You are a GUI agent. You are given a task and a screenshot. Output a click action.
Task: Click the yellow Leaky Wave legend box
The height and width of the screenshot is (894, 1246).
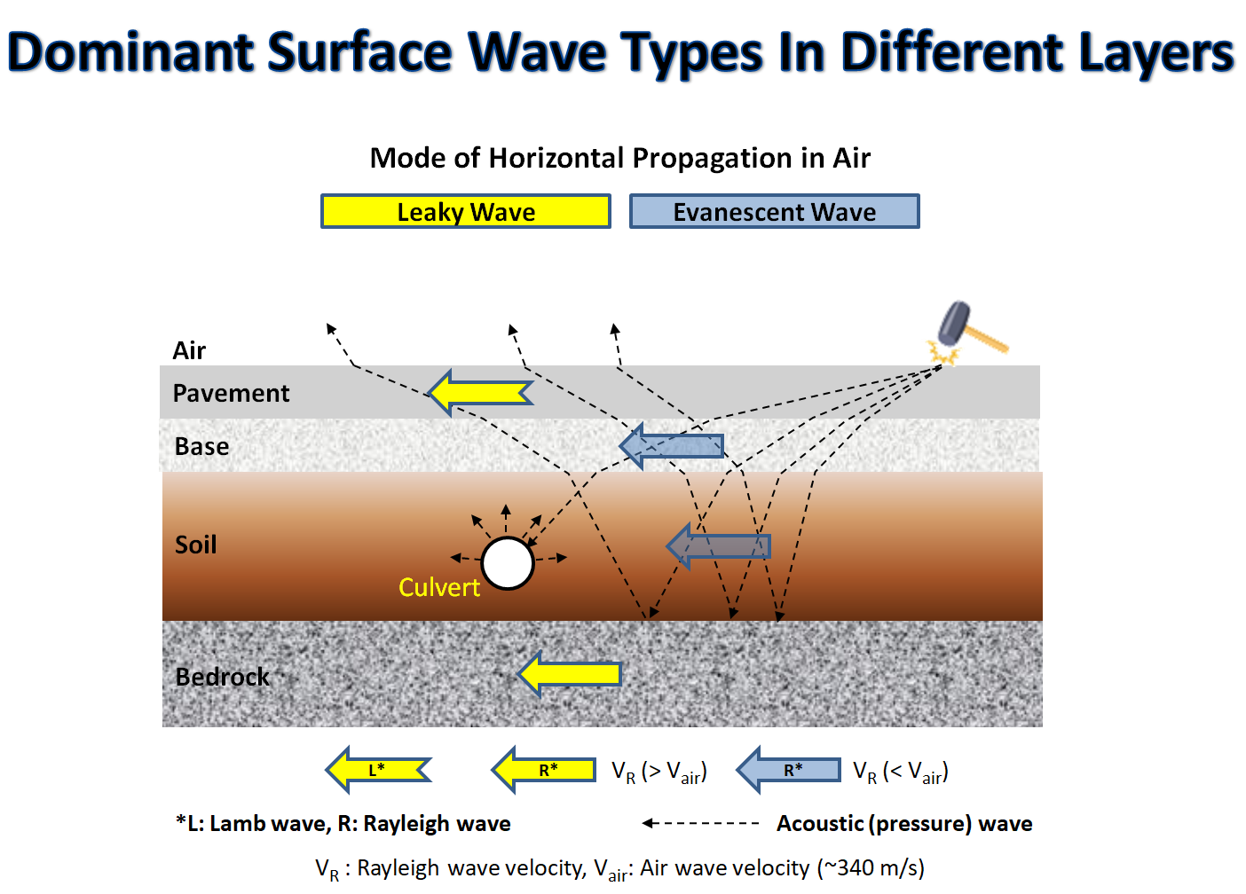click(x=466, y=211)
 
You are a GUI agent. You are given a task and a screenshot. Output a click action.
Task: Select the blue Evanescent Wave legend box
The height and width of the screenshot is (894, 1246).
click(x=774, y=211)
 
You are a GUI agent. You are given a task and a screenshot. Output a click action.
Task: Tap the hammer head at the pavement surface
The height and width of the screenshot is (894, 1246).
click(x=953, y=324)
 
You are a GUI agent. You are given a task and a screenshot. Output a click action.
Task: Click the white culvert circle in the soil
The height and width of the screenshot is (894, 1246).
click(x=508, y=562)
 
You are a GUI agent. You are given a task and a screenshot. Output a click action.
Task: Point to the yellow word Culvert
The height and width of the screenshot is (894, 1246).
click(x=439, y=587)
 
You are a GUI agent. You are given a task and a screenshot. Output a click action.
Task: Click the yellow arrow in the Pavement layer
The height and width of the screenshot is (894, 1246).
click(x=481, y=393)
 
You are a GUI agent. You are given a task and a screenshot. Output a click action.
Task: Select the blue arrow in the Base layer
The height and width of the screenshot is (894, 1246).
click(x=672, y=446)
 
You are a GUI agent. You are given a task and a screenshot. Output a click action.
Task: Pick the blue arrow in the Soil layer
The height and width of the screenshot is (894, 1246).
click(x=718, y=546)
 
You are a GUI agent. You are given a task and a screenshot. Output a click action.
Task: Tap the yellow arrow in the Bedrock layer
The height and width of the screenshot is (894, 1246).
click(x=569, y=674)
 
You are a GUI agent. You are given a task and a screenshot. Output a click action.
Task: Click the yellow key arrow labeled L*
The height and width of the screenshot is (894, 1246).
click(x=378, y=770)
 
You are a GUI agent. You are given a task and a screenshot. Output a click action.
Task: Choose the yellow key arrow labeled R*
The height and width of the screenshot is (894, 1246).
click(x=543, y=770)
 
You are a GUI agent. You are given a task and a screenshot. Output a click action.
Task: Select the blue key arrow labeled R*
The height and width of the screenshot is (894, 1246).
click(x=788, y=770)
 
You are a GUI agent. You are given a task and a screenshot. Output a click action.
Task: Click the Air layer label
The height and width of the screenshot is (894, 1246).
click(x=188, y=350)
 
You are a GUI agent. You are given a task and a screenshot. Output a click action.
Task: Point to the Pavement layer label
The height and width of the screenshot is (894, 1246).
click(x=231, y=393)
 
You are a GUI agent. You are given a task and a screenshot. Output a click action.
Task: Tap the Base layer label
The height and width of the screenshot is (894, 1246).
click(x=201, y=446)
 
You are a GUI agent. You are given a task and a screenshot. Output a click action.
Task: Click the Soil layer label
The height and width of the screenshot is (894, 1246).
click(x=196, y=545)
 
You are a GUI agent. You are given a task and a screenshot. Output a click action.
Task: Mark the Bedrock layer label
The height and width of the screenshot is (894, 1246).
click(x=222, y=677)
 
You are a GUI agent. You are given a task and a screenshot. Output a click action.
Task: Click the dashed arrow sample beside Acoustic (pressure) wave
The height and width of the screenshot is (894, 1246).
click(x=700, y=823)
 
